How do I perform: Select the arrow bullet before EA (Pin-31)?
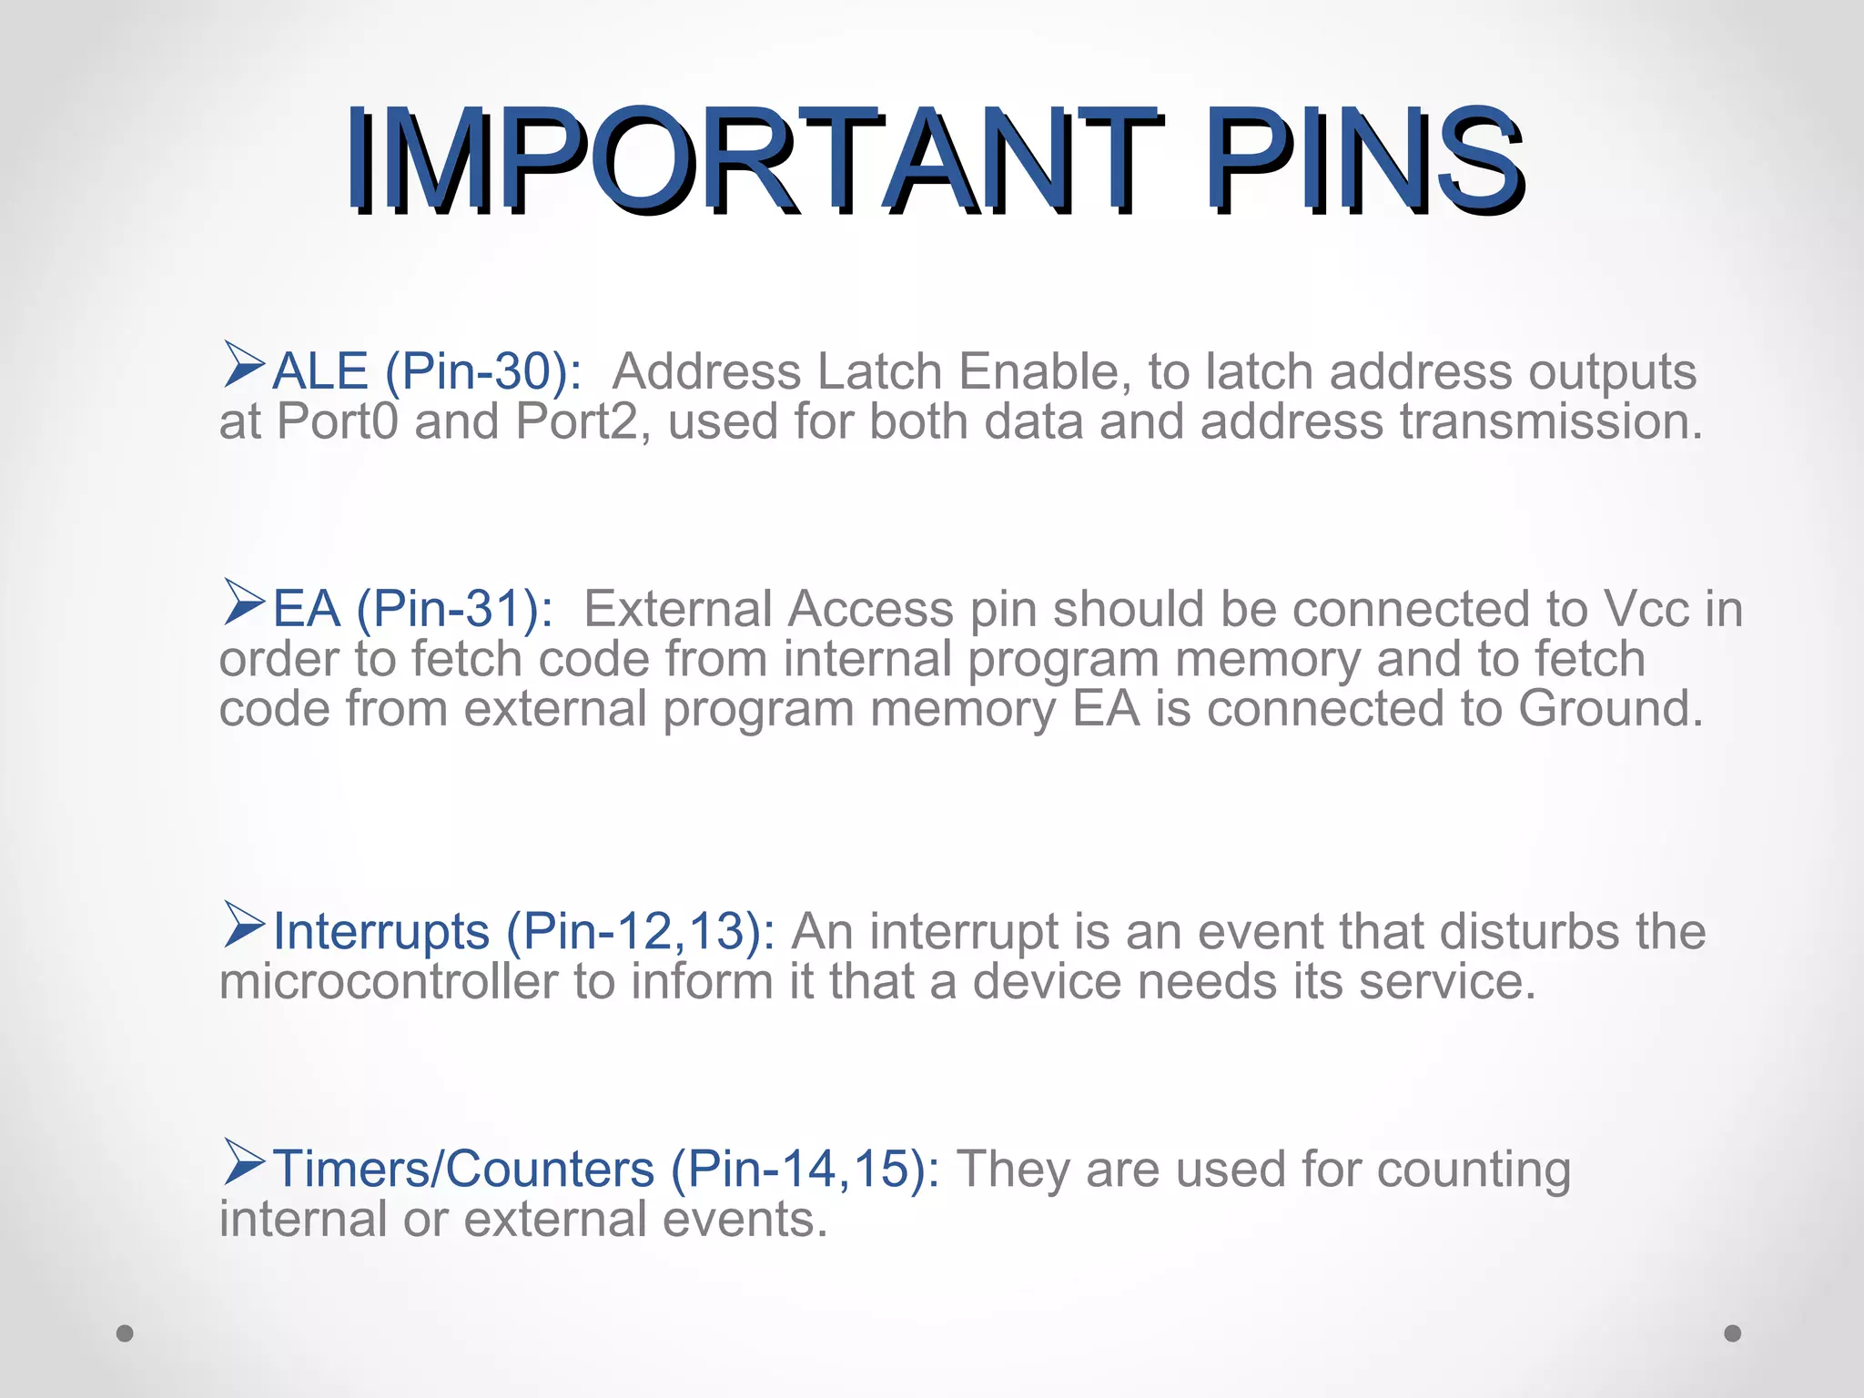coord(243,602)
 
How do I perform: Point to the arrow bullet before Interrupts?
coord(243,925)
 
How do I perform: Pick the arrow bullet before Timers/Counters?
coord(243,1162)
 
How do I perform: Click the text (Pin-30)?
coord(483,372)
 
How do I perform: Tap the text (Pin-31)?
coord(454,610)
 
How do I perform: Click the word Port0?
coord(337,422)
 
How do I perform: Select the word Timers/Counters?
coord(463,1170)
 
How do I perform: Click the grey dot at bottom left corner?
coord(126,1333)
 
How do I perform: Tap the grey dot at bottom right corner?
coord(1733,1333)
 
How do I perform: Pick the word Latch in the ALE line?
coord(879,372)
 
